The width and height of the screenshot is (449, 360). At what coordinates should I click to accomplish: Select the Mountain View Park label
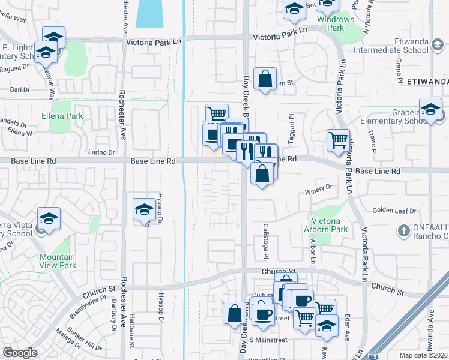tap(58, 261)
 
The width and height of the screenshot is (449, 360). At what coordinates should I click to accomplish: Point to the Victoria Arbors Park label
tap(329, 225)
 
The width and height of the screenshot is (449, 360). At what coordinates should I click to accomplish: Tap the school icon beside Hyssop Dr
tap(144, 209)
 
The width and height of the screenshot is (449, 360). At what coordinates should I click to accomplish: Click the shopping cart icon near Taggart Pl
tap(338, 139)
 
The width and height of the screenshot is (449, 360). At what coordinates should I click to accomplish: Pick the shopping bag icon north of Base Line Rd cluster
tap(265, 78)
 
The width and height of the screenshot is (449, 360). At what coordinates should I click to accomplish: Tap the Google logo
tap(20, 353)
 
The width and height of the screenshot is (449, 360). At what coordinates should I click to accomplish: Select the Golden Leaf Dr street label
tap(394, 211)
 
